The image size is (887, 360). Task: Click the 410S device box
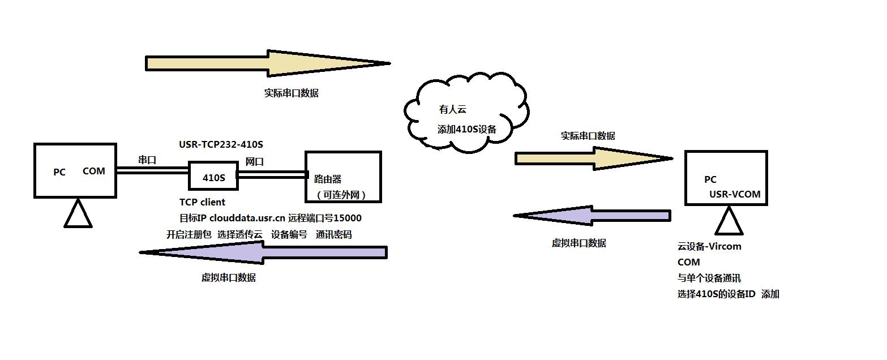tap(213, 177)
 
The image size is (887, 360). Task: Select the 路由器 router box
tap(343, 177)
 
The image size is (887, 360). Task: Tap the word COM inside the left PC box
tap(94, 171)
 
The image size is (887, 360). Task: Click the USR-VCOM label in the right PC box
tap(735, 194)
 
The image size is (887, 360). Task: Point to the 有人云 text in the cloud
tap(452, 110)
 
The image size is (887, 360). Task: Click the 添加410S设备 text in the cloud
tap(466, 129)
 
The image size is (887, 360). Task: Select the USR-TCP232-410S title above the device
tap(221, 144)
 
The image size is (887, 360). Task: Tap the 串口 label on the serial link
tap(147, 160)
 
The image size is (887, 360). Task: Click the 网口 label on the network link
tap(254, 162)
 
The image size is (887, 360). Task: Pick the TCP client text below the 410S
tap(202, 202)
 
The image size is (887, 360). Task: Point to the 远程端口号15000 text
tap(324, 218)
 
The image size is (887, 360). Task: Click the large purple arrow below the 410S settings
tap(264, 252)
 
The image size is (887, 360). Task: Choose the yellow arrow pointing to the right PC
tap(593, 158)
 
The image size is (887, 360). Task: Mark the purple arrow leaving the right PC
tap(592, 216)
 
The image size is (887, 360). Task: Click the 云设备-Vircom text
tap(709, 246)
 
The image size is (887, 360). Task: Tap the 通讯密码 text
tap(334, 234)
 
